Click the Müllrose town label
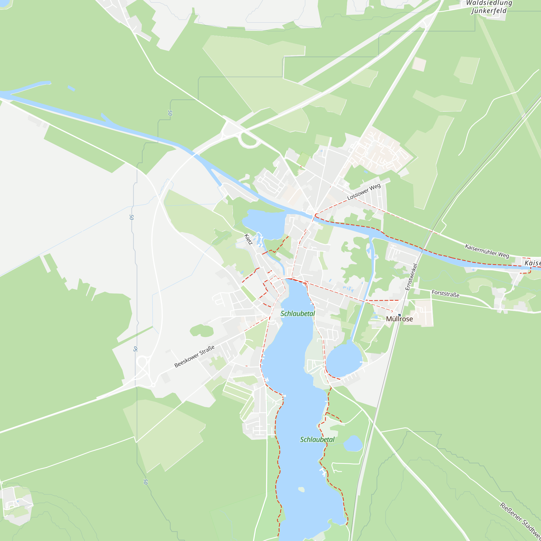pos(399,319)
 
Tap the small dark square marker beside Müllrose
pos(400,315)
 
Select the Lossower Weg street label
pos(364,192)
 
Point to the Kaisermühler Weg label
pos(487,251)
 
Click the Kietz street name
pos(248,239)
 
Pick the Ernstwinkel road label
pos(411,277)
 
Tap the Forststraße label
pos(445,294)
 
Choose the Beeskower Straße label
pos(194,356)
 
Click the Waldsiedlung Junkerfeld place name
pos(489,7)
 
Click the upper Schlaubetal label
pos(298,314)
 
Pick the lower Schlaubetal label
pos(317,440)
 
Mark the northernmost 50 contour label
pos(170,113)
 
